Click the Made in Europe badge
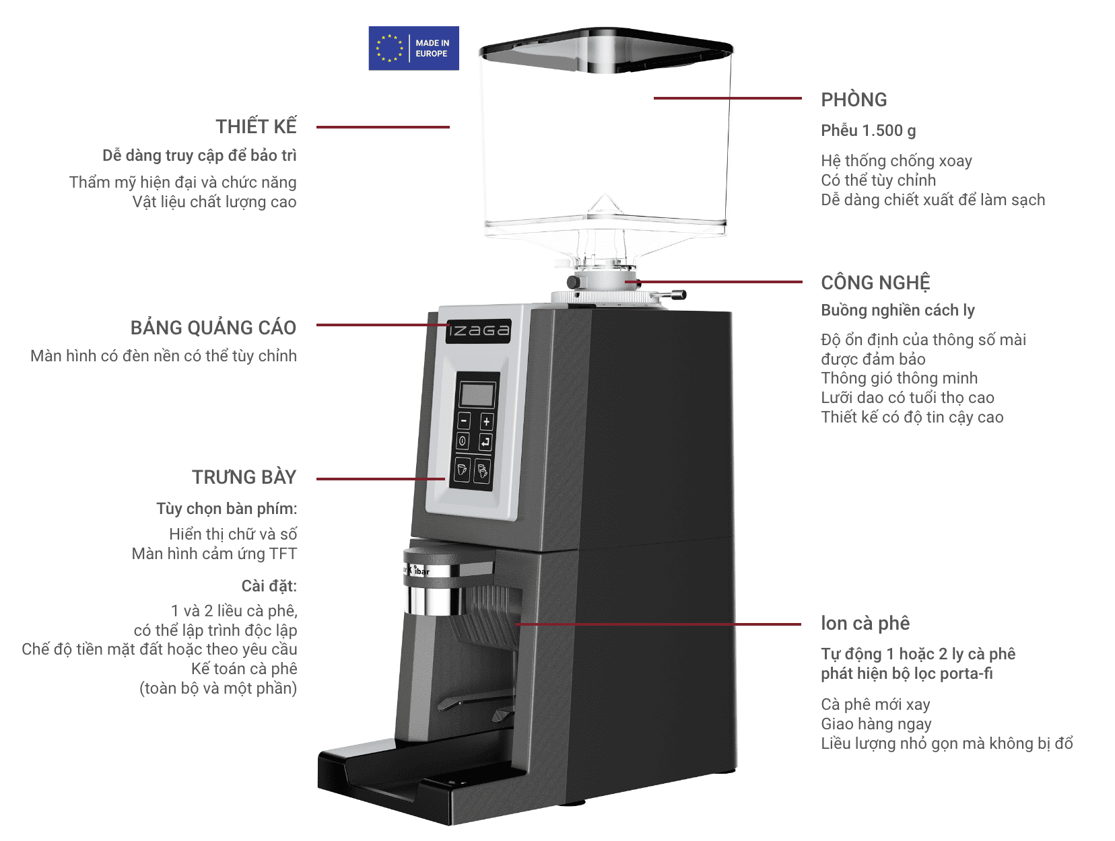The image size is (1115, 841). coord(413,48)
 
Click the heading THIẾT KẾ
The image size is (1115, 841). coord(256,126)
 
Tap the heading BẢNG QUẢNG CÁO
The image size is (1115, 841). coord(213,328)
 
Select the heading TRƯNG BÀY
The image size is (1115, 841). coord(244,477)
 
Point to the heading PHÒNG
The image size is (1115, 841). coord(854,100)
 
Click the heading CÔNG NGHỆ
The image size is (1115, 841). coord(875,283)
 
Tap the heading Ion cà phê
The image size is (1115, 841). coord(865,623)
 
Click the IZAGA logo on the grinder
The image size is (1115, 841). coord(479,330)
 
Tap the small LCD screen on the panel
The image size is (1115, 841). coord(477,394)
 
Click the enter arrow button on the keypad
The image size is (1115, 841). coord(485,442)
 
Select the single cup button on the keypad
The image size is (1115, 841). coord(463,469)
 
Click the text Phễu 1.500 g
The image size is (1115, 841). coord(868,131)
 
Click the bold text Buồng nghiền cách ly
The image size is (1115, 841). coord(898,310)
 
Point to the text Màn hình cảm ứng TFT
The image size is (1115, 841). coord(214,554)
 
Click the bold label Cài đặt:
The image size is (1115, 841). coord(269,586)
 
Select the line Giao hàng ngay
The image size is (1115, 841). coord(876,724)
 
